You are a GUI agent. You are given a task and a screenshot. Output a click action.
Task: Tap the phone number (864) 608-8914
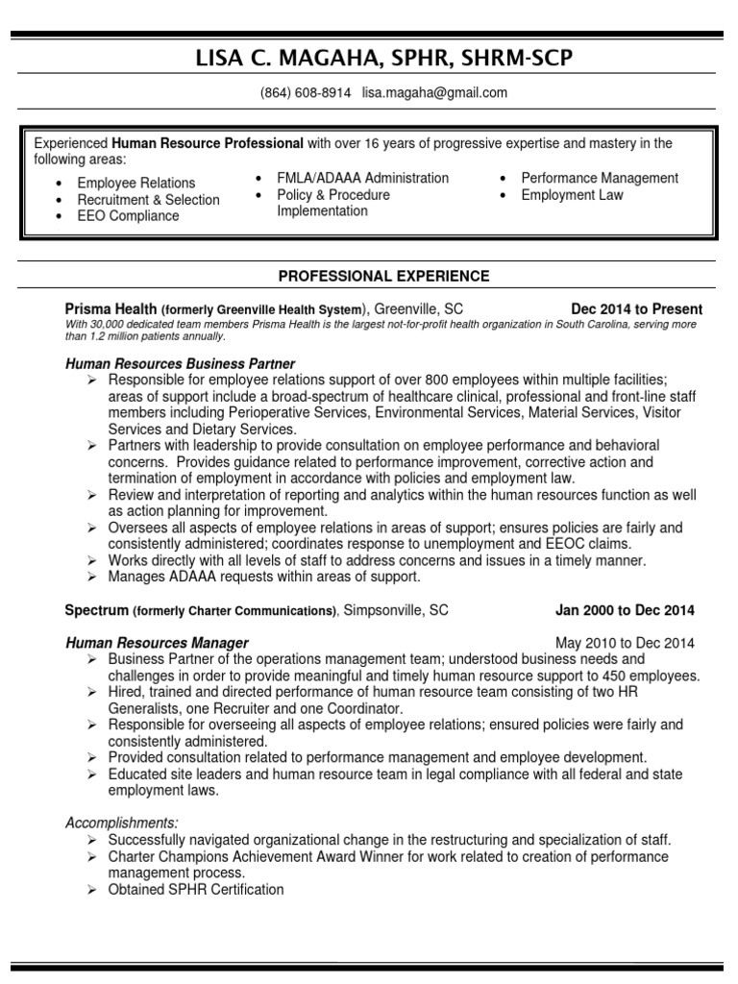coord(306,93)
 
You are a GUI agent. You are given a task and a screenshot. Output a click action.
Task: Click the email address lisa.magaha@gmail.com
coord(434,93)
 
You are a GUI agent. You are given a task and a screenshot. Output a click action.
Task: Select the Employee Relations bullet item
coord(135,183)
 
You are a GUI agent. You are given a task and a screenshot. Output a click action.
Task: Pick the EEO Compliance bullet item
coord(128,215)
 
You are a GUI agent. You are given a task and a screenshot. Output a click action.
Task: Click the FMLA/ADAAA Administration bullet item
coord(362,178)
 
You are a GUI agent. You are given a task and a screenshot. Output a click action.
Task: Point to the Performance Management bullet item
coord(600,178)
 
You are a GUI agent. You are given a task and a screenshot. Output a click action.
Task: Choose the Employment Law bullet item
coord(572,194)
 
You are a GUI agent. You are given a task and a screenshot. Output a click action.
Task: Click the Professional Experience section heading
coord(383,276)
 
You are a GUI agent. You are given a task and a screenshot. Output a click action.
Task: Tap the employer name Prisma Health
coord(110,309)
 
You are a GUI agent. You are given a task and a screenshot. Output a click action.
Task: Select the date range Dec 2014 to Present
coord(636,309)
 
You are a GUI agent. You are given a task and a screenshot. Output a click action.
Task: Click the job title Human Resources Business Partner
coord(180,364)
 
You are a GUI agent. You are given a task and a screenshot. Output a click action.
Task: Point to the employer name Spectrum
coord(96,610)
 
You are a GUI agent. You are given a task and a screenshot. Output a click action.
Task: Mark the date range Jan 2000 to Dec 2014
coord(625,610)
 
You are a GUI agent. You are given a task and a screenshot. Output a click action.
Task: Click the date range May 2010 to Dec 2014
coord(625,643)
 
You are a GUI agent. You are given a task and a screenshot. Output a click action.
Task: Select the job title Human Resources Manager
coord(157,643)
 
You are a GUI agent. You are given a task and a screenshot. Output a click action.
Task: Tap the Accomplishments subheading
coord(121,823)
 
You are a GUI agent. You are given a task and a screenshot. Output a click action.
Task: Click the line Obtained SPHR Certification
coord(196,890)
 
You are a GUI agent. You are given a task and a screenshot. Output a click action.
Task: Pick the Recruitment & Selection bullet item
coord(148,199)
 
